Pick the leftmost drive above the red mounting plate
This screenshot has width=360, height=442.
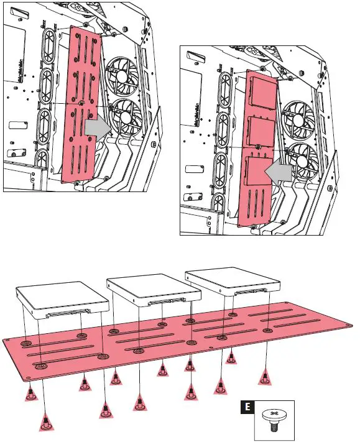tap(62, 298)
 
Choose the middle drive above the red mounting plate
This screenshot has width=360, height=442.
tap(148, 288)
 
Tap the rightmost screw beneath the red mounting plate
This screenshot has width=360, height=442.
tap(264, 377)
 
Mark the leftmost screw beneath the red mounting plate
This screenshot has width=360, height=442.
tap(30, 392)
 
